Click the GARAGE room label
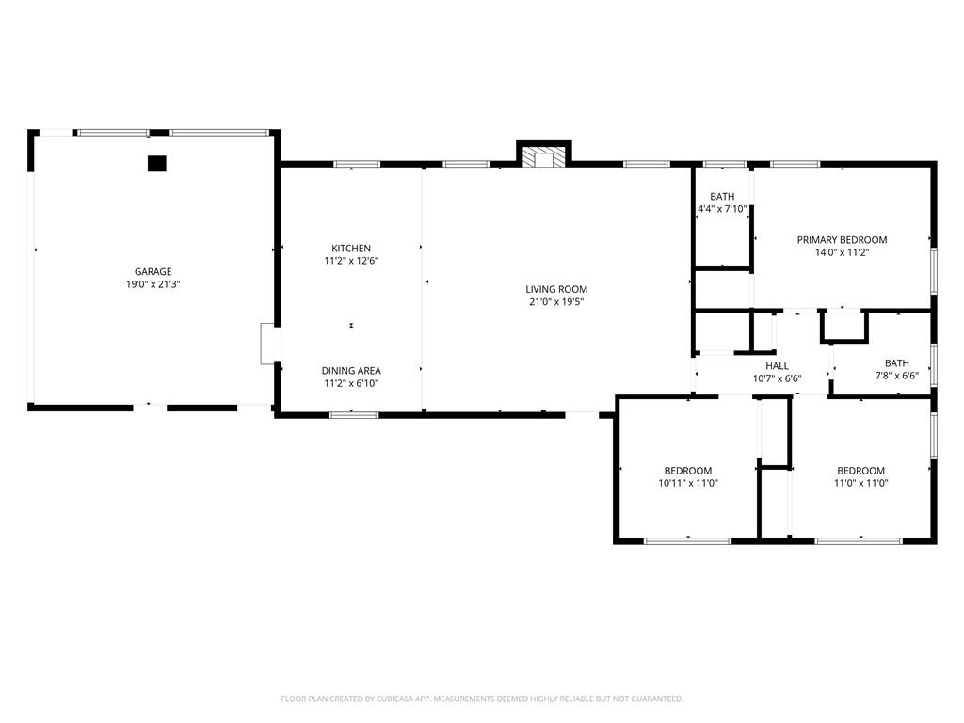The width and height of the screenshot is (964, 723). pyautogui.click(x=153, y=272)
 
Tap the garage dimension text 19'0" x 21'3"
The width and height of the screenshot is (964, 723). pyautogui.click(x=153, y=284)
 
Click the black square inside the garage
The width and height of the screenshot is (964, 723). pyautogui.click(x=157, y=164)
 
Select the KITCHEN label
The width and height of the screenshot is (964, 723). pyautogui.click(x=351, y=249)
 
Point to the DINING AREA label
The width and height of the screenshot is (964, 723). pyautogui.click(x=351, y=371)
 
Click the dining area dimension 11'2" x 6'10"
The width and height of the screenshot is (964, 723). pyautogui.click(x=351, y=384)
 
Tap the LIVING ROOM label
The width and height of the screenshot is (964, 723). pyautogui.click(x=556, y=289)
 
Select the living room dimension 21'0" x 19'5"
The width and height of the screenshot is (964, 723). pyautogui.click(x=556, y=302)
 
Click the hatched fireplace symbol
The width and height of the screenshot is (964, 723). pyautogui.click(x=544, y=156)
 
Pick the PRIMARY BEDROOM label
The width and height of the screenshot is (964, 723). pyautogui.click(x=843, y=240)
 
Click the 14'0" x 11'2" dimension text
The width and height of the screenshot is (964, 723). pyautogui.click(x=843, y=252)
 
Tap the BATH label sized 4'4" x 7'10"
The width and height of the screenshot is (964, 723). pyautogui.click(x=722, y=197)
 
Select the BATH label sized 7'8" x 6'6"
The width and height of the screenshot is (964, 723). pyautogui.click(x=897, y=363)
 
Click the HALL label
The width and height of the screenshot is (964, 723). pyautogui.click(x=777, y=366)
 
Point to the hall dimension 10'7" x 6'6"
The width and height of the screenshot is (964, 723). pyautogui.click(x=777, y=378)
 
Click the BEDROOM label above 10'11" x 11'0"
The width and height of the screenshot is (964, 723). pyautogui.click(x=688, y=471)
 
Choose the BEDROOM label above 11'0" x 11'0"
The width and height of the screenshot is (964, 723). pyautogui.click(x=860, y=471)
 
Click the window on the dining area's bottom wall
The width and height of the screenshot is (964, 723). pyautogui.click(x=354, y=415)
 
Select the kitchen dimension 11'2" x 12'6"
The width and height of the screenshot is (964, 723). pyautogui.click(x=351, y=261)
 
